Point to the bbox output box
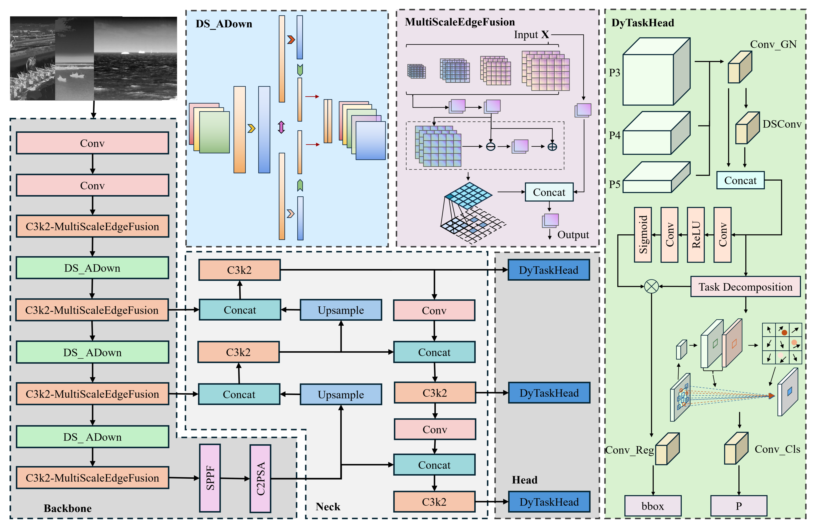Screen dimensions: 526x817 point(652,506)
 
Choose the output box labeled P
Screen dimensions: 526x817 point(738,506)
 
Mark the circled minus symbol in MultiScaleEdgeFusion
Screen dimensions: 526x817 point(490,147)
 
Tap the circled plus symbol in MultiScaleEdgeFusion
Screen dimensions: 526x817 point(552,147)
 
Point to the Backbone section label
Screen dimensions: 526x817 point(68,508)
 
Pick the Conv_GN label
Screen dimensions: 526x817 point(773,44)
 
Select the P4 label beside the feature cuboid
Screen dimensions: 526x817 point(614,135)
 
